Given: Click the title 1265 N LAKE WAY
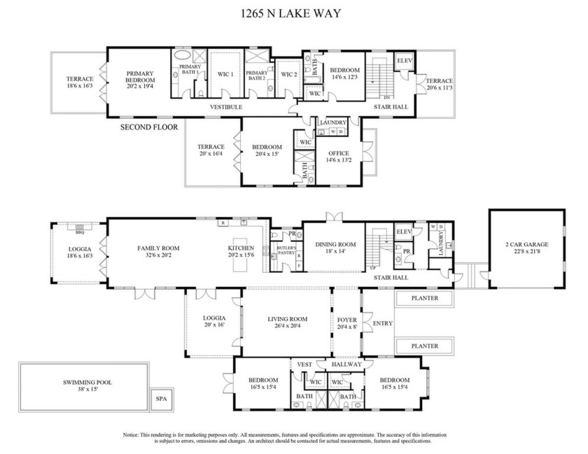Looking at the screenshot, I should tap(293, 12).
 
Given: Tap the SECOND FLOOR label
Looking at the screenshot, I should tap(148, 127).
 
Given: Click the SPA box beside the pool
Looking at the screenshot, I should tap(162, 400).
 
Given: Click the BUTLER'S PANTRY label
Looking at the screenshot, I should tap(286, 252).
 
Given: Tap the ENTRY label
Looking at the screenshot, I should tap(383, 323).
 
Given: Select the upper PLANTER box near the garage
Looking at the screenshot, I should tap(425, 298).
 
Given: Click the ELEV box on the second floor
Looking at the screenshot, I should tap(404, 61).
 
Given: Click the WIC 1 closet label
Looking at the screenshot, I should tap(225, 73).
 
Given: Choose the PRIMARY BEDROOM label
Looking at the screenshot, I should tap(140, 76).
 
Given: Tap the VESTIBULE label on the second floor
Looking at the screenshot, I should tap(226, 107).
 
